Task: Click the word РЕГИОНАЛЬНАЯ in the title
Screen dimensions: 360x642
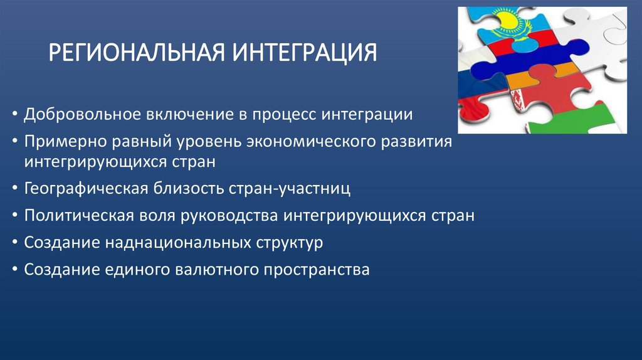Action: coord(139,53)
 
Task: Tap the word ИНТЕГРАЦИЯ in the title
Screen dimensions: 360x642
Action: coord(305,53)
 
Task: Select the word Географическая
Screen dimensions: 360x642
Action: coord(86,188)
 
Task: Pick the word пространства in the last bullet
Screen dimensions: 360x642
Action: coord(317,270)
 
